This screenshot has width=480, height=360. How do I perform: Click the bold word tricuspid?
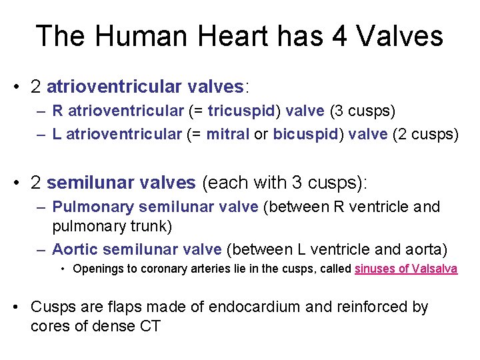239,111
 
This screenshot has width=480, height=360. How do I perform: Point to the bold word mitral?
227,135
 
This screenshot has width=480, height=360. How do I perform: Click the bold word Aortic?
75,250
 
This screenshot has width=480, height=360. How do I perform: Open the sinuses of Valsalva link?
406,269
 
